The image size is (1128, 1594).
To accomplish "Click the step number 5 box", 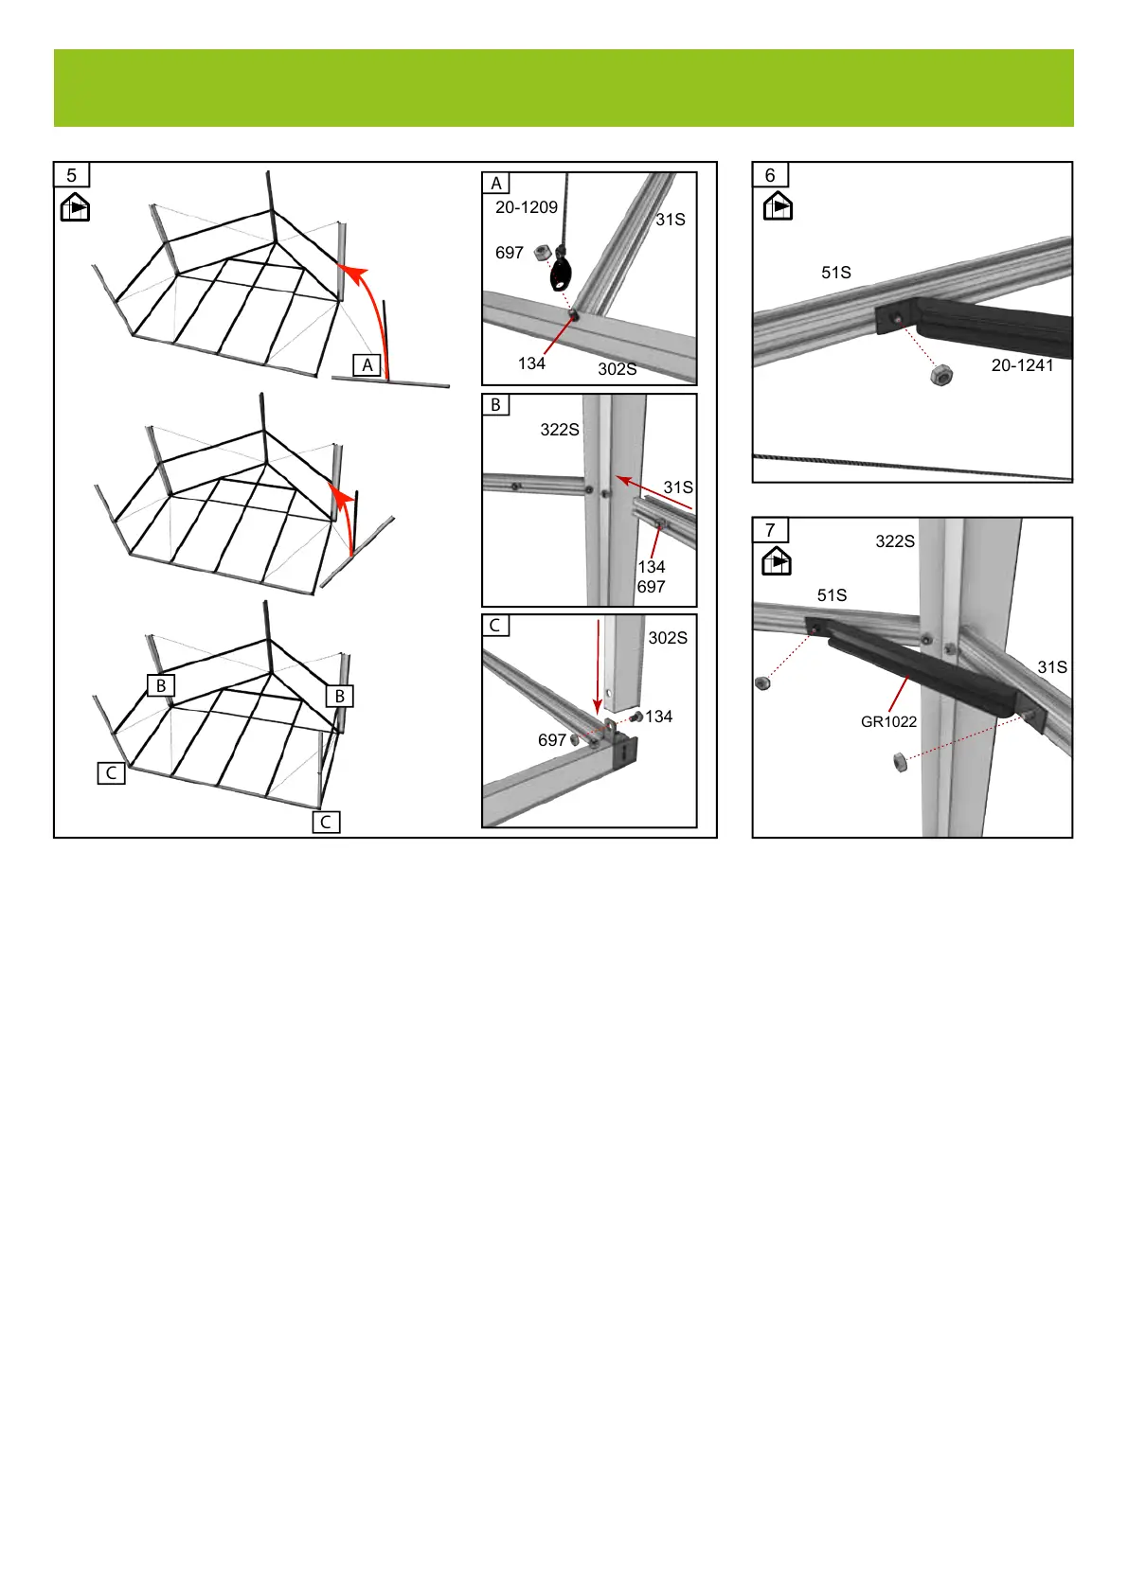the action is coord(72,175).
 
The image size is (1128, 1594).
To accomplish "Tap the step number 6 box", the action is coord(770,175).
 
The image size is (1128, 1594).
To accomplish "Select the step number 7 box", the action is coord(770,530).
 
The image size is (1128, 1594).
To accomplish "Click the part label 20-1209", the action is coord(527,207).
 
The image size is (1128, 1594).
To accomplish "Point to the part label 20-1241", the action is coord(1022,365).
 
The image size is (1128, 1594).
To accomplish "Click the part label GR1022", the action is coord(888,721).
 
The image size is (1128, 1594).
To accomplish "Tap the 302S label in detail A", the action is coord(617,368).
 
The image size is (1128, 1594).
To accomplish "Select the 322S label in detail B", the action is coord(560,429).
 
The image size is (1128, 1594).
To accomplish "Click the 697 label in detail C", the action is coord(552,740).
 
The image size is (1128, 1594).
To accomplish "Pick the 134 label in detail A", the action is coord(531,363).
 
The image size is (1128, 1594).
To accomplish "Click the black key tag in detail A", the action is coord(561,275).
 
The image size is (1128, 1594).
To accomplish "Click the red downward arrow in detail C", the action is coord(599,666).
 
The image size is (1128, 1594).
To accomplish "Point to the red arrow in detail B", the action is coord(654,492).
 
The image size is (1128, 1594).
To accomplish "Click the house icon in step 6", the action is coord(778,206).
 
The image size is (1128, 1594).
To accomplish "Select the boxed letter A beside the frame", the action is coord(367,365).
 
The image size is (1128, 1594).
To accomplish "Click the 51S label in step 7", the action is coord(832,594).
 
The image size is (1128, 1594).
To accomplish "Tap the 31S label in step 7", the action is coord(1052,666).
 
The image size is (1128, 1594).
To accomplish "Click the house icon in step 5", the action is coord(75,207).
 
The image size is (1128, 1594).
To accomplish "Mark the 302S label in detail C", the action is coord(668,638).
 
